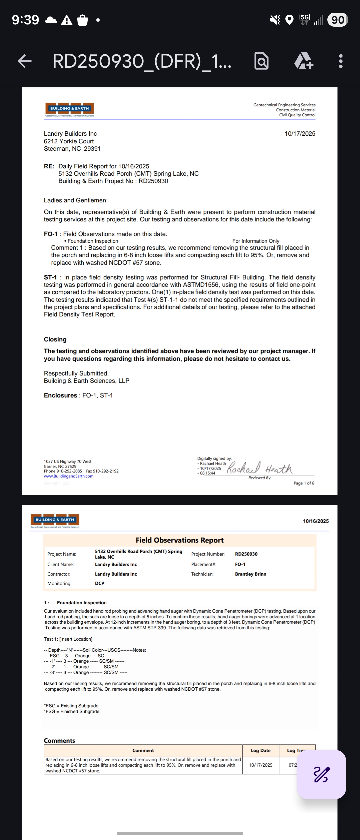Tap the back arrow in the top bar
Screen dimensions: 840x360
(x=25, y=61)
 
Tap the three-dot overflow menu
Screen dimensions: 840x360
(x=340, y=61)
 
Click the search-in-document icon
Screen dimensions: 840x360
(x=262, y=61)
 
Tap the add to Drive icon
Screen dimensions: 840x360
(x=304, y=61)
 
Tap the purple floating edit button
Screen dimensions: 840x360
(x=321, y=774)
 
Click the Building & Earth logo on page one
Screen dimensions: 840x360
(x=69, y=109)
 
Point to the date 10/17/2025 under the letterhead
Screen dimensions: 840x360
(x=300, y=134)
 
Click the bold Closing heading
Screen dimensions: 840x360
(x=55, y=339)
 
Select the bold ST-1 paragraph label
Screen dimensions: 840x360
(x=50, y=277)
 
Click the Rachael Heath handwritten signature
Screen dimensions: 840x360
(x=259, y=468)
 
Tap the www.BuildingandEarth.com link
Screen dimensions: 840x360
(x=69, y=476)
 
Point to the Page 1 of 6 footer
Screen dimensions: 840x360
(x=304, y=483)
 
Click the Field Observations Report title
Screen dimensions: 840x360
(x=180, y=540)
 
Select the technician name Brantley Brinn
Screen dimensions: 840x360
(x=250, y=574)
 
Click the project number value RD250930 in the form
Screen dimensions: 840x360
(x=246, y=554)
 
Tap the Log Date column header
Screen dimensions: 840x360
(x=260, y=750)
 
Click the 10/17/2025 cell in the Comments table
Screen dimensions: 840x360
(x=260, y=765)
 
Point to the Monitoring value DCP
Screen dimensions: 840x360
(x=99, y=583)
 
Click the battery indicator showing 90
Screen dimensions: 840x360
(x=337, y=20)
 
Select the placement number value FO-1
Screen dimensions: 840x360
(x=240, y=564)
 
